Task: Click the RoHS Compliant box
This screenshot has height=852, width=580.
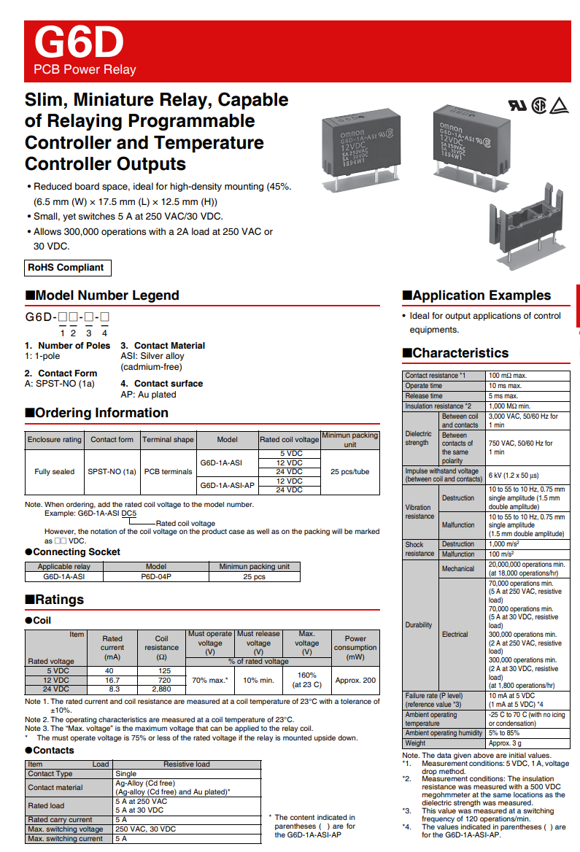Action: tap(66, 268)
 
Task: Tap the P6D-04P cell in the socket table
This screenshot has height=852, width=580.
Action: tap(156, 576)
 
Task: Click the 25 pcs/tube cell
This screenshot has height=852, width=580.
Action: tap(350, 471)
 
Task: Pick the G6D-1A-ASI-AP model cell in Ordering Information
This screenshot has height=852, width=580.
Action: tap(227, 485)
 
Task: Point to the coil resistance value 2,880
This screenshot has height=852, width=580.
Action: tap(161, 689)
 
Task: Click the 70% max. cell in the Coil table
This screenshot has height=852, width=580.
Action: tap(210, 680)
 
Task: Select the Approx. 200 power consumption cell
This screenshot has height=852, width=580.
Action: tap(355, 680)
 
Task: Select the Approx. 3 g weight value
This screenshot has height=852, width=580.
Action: tap(506, 743)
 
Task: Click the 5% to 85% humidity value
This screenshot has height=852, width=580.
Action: tap(503, 733)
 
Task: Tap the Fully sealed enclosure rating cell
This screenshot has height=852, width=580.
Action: tap(55, 471)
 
